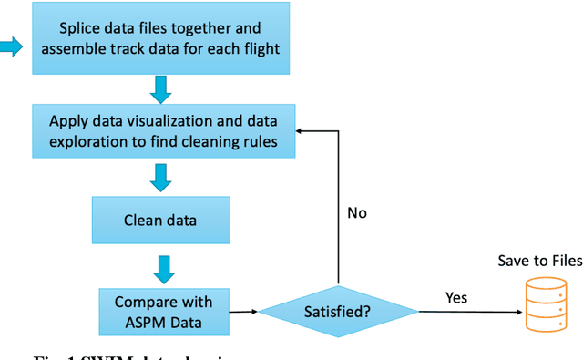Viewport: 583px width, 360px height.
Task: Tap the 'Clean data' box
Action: coord(160,220)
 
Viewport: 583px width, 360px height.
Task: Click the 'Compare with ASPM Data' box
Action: coord(163,311)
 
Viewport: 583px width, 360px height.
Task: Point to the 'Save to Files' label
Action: coord(538,262)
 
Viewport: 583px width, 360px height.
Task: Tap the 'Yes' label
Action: coord(457,298)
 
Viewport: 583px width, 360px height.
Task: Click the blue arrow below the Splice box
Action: coord(160,89)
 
